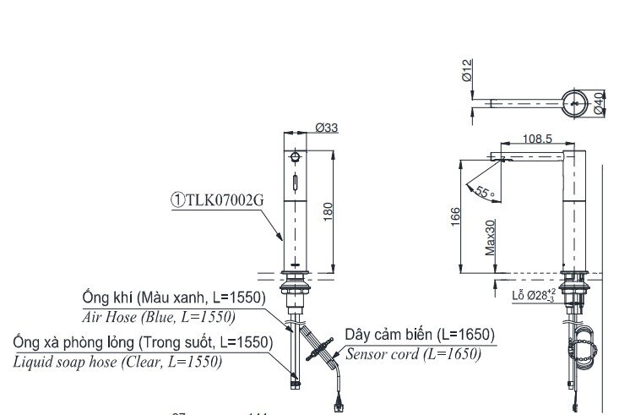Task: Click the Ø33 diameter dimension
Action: (326, 128)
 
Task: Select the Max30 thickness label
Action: (491, 239)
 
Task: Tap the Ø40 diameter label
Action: (599, 104)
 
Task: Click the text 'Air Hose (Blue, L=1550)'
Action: (159, 317)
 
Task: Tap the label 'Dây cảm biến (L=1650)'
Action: (419, 335)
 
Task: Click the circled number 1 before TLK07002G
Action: (179, 199)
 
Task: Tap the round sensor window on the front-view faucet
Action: (295, 157)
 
